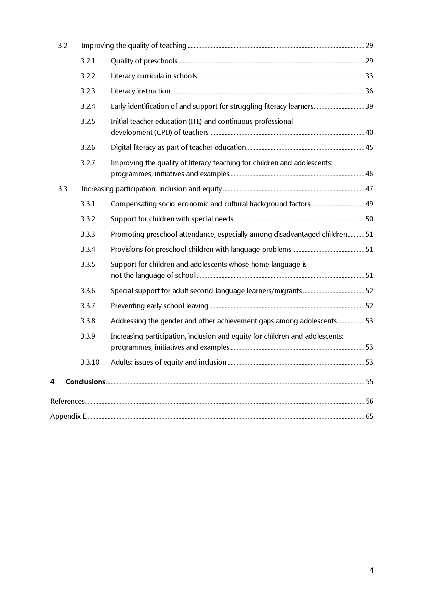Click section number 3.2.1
click(x=88, y=61)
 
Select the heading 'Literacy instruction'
click(x=140, y=91)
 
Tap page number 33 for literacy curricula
click(x=369, y=76)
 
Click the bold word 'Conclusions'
click(x=85, y=382)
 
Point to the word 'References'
click(x=67, y=401)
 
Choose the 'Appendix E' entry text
click(x=68, y=416)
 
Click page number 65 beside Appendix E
click(x=369, y=416)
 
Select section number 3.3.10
click(x=90, y=362)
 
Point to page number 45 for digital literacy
click(x=369, y=147)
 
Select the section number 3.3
click(x=63, y=189)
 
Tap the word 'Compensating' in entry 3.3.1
click(x=134, y=204)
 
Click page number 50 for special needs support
click(x=369, y=219)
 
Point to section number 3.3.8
click(x=88, y=321)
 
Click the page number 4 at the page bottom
click(x=371, y=570)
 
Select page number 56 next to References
click(x=369, y=401)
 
